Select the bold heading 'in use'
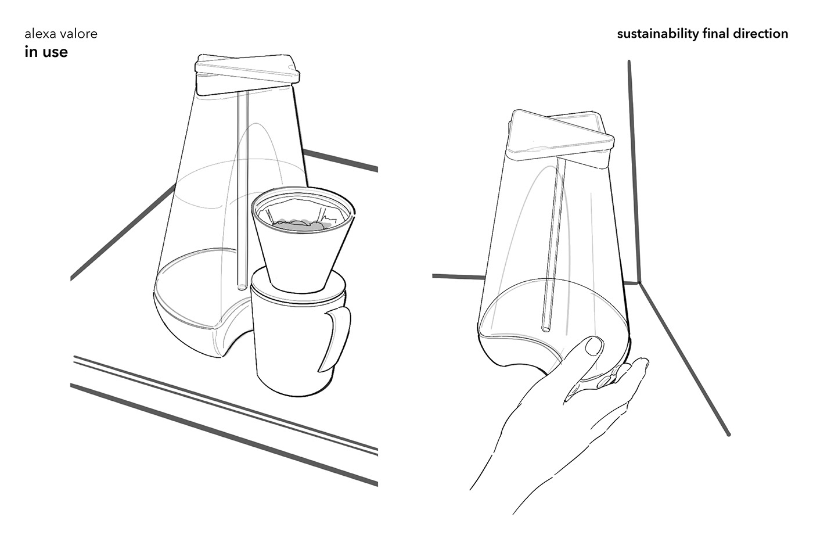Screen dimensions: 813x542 (46, 52)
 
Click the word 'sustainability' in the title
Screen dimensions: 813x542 (657, 34)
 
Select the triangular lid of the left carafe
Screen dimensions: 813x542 (247, 74)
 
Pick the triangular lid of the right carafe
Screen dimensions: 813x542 (561, 138)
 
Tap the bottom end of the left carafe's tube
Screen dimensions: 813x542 (242, 287)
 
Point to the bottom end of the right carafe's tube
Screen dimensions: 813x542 (545, 329)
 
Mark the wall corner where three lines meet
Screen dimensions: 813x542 (638, 282)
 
